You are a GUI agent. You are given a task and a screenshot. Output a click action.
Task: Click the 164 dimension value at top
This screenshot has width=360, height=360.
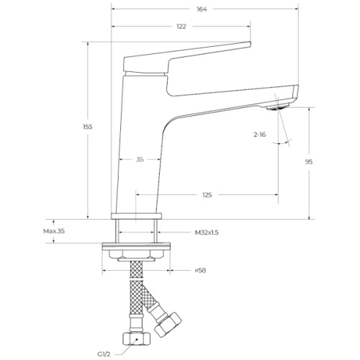pos(202,9)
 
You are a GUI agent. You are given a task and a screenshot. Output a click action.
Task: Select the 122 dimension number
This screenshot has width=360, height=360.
pos(181,27)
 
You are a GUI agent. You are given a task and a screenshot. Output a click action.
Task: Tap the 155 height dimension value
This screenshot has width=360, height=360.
pos(88,127)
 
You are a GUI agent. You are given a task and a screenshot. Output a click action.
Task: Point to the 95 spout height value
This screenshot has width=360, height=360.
pos(309,162)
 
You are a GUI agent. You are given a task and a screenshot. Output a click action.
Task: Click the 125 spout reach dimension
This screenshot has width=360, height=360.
pos(207,195)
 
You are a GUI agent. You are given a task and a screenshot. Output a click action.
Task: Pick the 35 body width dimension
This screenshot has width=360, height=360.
pos(140,159)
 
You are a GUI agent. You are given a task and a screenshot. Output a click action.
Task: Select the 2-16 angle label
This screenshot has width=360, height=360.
pos(260,135)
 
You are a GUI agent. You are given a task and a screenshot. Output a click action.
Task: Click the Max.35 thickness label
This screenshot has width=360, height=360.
pos(54,231)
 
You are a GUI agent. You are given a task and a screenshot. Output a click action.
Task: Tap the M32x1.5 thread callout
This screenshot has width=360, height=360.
pos(207,233)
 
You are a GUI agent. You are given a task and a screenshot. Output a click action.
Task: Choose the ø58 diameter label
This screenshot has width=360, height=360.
pos(200,271)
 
